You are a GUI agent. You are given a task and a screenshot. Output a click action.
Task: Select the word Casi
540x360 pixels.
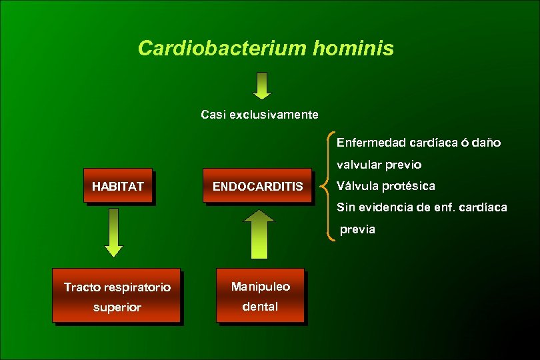click(213, 115)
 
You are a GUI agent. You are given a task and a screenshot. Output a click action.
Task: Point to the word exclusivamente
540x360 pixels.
click(274, 115)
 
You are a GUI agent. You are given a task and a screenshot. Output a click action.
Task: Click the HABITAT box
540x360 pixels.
click(118, 186)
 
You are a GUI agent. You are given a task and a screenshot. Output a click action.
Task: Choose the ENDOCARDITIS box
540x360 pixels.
click(257, 187)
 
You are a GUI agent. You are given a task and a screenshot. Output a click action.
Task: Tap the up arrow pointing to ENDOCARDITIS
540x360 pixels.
click(262, 234)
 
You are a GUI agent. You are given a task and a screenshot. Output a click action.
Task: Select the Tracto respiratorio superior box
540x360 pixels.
click(117, 297)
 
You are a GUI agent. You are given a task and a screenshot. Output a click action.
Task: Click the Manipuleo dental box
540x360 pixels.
click(260, 296)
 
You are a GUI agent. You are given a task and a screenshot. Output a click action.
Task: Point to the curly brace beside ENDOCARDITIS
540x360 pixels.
click(326, 185)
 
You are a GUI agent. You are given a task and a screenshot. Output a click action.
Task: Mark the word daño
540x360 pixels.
click(487, 143)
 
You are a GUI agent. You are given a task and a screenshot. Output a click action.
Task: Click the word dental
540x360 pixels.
click(260, 307)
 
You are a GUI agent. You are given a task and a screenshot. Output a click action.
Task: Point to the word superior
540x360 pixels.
click(117, 307)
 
